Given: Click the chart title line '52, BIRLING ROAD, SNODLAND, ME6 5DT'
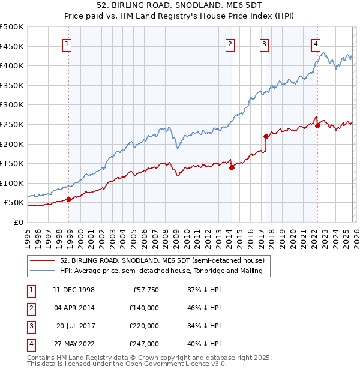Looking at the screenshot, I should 179,6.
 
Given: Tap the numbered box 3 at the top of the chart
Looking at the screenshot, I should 265,43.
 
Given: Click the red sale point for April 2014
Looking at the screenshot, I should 232,167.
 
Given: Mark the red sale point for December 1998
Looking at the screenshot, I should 69,200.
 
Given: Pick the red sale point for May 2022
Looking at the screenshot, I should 317,125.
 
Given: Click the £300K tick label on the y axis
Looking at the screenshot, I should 12,105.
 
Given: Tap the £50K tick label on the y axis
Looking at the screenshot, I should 14,203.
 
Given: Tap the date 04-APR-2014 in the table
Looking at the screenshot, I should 73,307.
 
